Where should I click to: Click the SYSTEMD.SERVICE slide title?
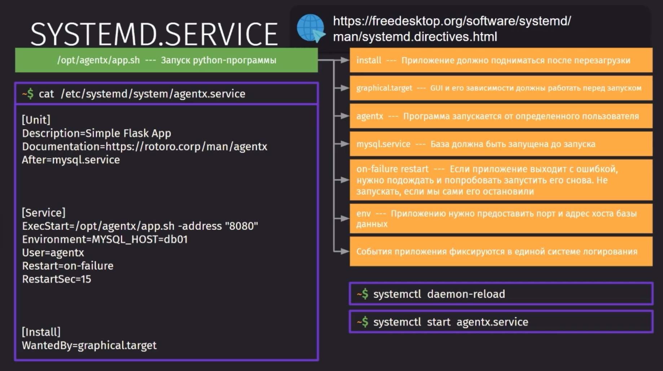(x=154, y=34)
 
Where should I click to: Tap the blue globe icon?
(x=311, y=28)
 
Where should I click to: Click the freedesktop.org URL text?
(x=452, y=29)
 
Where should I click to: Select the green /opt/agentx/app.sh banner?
(x=166, y=60)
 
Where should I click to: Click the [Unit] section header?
(x=36, y=120)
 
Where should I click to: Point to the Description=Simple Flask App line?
(x=97, y=133)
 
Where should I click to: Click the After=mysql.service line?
(x=71, y=160)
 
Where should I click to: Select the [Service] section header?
(x=44, y=213)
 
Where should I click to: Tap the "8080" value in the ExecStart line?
(x=241, y=226)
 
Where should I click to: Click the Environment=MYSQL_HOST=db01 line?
(x=105, y=239)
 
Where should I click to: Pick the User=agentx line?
(x=53, y=253)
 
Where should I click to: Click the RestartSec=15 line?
(x=57, y=279)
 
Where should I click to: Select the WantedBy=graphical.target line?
(x=89, y=345)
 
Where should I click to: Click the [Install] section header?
(x=41, y=332)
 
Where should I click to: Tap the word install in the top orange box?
(x=369, y=60)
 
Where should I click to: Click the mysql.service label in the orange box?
(x=383, y=144)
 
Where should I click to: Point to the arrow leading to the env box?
(x=342, y=218)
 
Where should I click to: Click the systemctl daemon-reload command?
(x=439, y=294)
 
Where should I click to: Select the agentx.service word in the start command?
(x=492, y=322)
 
